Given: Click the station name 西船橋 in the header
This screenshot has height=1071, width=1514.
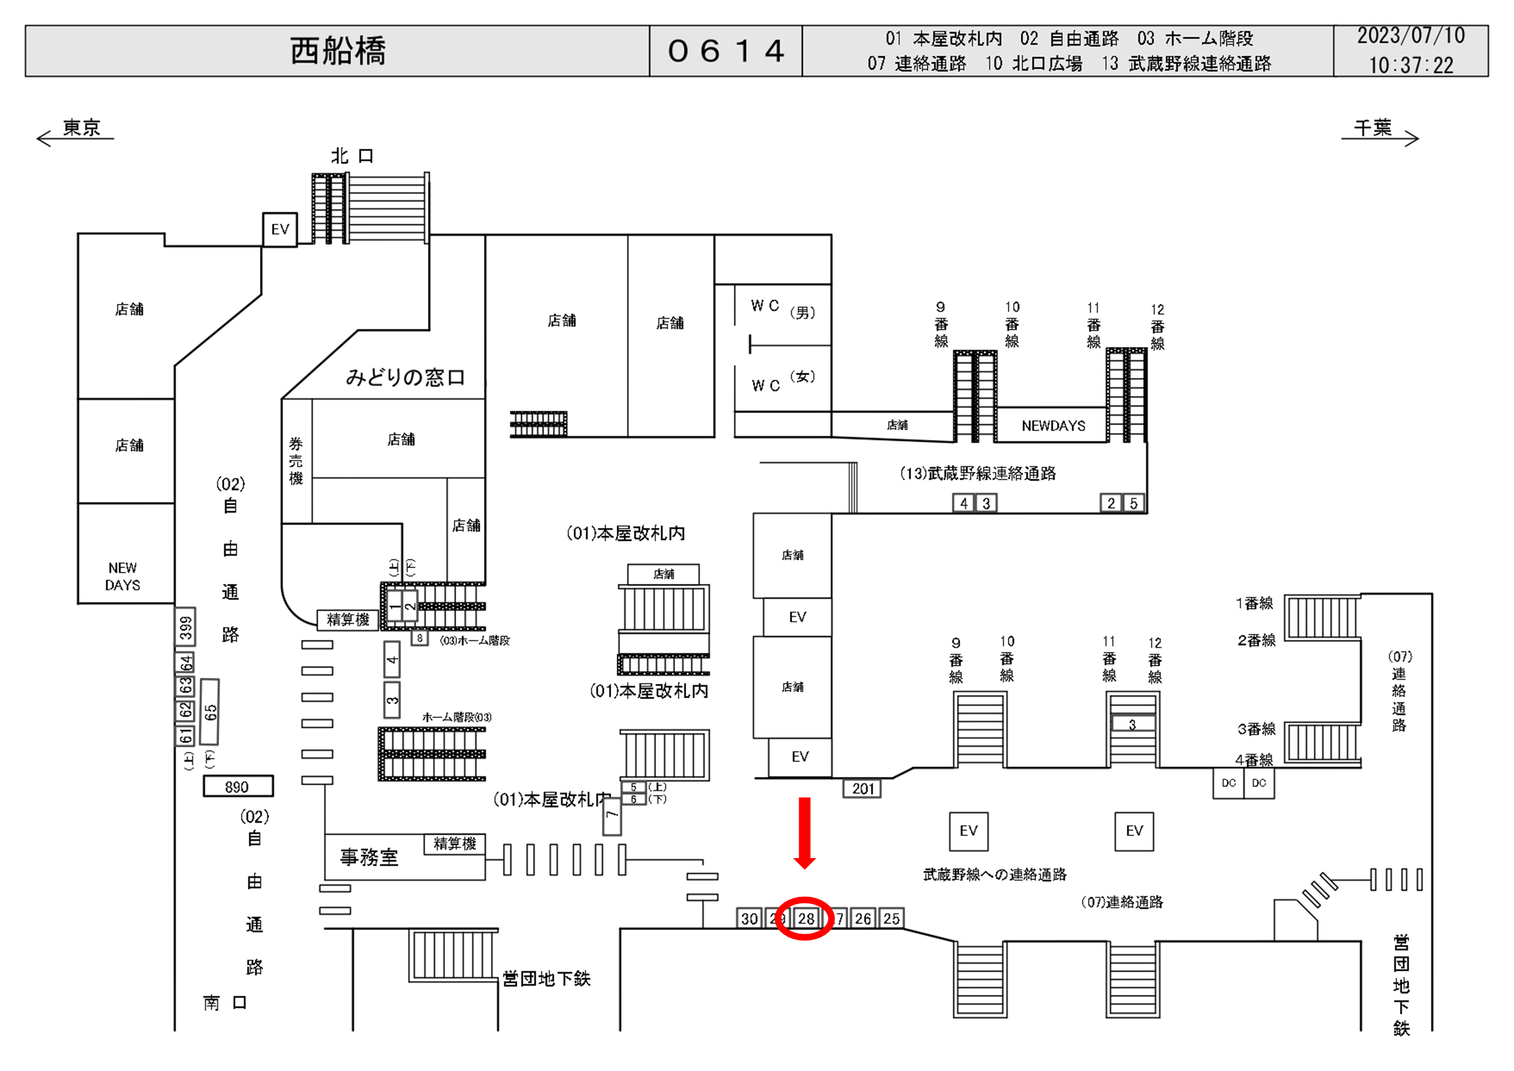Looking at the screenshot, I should [338, 51].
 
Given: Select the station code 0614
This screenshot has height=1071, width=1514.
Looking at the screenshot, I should [725, 51].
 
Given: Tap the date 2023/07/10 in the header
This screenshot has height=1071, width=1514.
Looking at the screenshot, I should [1410, 36].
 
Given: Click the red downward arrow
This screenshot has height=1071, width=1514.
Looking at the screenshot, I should [805, 833].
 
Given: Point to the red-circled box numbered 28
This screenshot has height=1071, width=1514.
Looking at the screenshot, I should [805, 918].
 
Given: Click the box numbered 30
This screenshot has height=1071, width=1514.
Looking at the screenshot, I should [749, 918].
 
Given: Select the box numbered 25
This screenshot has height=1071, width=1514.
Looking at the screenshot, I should [891, 918].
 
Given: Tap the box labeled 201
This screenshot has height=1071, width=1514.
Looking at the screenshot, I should [863, 789].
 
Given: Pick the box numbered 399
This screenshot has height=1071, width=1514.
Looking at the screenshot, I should [186, 626].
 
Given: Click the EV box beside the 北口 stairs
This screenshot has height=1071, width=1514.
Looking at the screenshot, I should [280, 229].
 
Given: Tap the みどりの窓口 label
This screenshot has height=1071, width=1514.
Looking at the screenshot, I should [405, 377].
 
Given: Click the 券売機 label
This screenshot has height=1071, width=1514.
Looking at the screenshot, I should [296, 460].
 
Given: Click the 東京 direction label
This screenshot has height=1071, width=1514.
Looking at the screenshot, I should [81, 127].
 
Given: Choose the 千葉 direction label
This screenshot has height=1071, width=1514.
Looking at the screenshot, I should [1373, 127].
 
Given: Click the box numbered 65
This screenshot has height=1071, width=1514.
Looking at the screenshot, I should [210, 711].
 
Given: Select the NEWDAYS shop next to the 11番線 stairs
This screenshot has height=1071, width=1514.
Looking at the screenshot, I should [1053, 426].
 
